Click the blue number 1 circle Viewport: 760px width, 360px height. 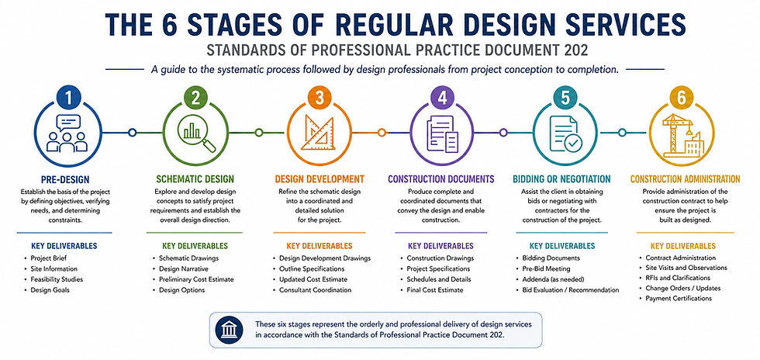(69, 99)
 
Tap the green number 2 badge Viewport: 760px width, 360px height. (195, 99)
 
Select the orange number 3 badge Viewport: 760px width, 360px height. (319, 99)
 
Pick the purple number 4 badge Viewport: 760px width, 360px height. (442, 99)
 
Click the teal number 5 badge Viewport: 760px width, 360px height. (565, 99)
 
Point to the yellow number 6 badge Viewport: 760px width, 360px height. (682, 99)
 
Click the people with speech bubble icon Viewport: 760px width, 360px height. (67, 133)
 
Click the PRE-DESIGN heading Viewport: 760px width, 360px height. (65, 179)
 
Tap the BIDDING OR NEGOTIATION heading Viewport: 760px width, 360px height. (561, 179)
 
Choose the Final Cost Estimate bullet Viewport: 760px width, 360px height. (435, 290)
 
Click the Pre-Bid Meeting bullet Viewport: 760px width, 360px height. (546, 268)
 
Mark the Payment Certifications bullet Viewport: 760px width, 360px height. (679, 299)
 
